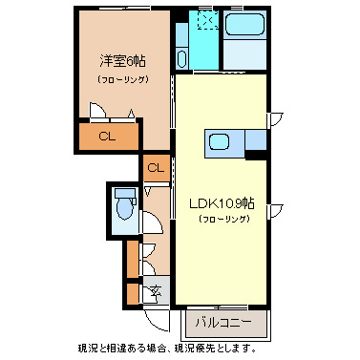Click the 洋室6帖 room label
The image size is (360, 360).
[x=121, y=58]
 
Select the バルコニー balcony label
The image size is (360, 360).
[x=224, y=322]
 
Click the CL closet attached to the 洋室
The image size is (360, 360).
[x=107, y=137]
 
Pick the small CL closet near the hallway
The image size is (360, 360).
[x=156, y=169]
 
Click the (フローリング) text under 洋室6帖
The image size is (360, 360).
[x=121, y=79]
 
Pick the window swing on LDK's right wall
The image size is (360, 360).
[x=275, y=208]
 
